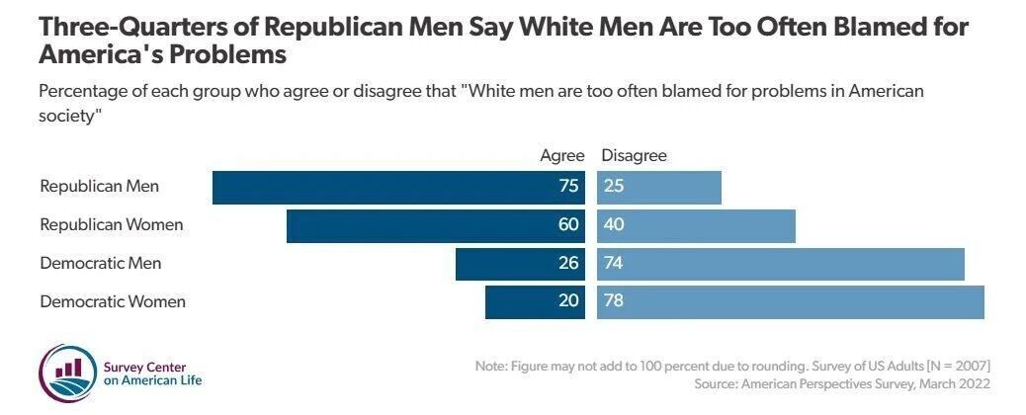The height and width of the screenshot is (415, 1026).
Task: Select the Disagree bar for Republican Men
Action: [x=659, y=187]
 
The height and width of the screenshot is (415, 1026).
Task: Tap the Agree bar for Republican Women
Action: [x=435, y=225]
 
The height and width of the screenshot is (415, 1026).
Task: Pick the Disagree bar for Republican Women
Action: [x=696, y=225]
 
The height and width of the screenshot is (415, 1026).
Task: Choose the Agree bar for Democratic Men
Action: [x=520, y=264]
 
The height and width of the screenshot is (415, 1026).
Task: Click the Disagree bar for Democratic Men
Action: [x=781, y=264]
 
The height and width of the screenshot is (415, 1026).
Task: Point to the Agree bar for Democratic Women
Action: [x=535, y=302]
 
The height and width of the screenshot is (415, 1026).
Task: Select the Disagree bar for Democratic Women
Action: [x=791, y=302]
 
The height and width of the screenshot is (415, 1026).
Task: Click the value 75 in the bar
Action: [x=567, y=187]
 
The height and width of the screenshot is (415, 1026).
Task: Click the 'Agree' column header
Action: [x=562, y=155]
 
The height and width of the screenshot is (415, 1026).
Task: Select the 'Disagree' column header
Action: [x=634, y=155]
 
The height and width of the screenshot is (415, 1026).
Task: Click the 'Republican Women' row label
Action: [x=111, y=225]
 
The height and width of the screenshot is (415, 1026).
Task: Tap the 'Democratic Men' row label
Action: [x=100, y=264]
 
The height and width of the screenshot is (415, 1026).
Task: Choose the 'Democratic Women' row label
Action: [x=112, y=302]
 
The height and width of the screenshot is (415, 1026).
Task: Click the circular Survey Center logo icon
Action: [x=67, y=373]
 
